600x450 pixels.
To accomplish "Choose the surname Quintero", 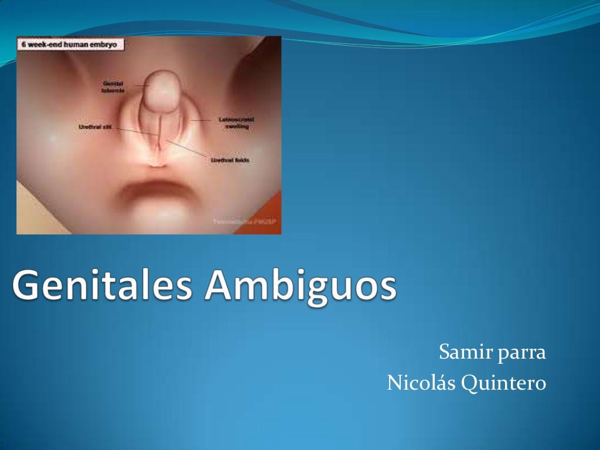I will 504,383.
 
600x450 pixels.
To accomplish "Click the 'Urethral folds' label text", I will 230,160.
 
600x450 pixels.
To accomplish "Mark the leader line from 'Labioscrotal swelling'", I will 203,120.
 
